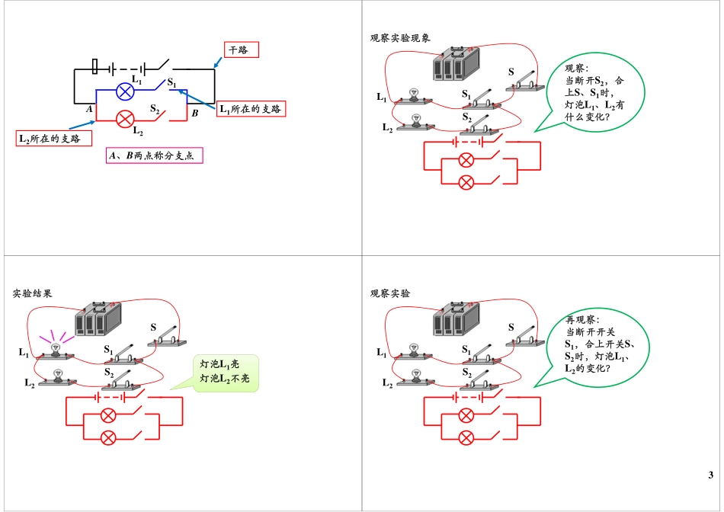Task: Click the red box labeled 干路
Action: (242, 50)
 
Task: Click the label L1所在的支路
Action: (251, 109)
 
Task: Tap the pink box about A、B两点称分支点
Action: (155, 155)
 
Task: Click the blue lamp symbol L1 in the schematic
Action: (125, 91)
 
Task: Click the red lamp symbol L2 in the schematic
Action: (125, 118)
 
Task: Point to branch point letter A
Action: (89, 110)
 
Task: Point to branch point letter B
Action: (195, 113)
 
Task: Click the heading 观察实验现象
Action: (400, 37)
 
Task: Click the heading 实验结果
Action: (33, 293)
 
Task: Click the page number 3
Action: (710, 476)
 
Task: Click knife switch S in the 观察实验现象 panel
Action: (524, 79)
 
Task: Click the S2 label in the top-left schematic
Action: (155, 109)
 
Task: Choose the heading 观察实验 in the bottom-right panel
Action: (390, 293)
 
